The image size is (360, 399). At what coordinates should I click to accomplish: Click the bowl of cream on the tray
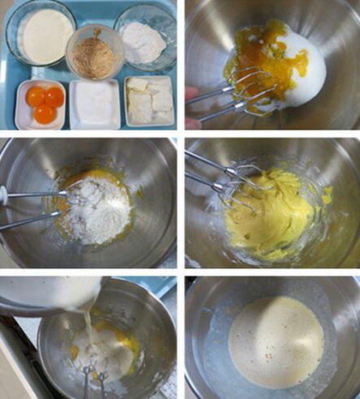43,35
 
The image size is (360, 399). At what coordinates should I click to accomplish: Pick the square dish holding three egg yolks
41,104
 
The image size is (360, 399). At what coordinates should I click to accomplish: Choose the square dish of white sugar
94,104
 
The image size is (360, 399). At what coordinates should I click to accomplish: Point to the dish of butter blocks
150,101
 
